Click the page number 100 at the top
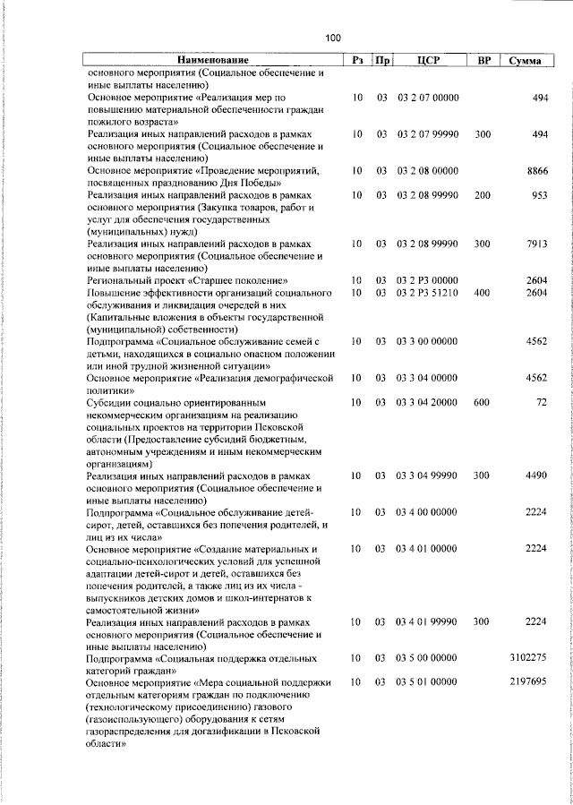(x=333, y=38)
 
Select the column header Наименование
(x=211, y=60)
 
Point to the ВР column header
(x=483, y=60)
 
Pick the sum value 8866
(x=536, y=169)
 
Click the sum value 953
(x=539, y=194)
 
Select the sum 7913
(x=536, y=244)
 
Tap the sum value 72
(x=542, y=403)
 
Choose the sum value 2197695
(x=528, y=682)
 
